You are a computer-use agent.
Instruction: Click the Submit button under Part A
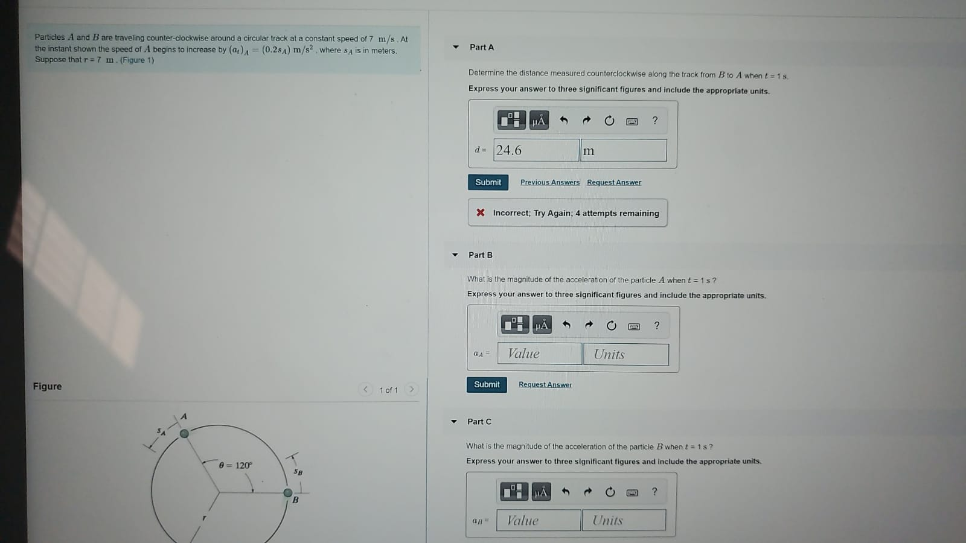pos(488,182)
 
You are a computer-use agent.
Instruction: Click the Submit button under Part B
pos(487,384)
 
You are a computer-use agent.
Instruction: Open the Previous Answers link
pos(549,182)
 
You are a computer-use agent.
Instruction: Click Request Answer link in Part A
pos(614,182)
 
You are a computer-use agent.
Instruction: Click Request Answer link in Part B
pos(545,384)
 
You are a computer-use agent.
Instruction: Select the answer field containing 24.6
pos(536,150)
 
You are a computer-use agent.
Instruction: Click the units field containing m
pos(623,150)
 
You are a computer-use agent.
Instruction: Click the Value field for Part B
pos(539,354)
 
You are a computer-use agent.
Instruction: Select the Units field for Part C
pos(624,520)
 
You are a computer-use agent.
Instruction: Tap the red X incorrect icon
pos(481,212)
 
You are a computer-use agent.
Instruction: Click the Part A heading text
pos(481,47)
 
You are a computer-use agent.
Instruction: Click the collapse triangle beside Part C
pos(454,422)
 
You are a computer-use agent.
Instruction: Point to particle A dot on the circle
pos(185,433)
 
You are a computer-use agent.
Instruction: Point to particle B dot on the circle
pos(288,493)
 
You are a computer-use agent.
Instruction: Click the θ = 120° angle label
pos(235,465)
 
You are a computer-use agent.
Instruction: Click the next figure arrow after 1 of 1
pos(412,389)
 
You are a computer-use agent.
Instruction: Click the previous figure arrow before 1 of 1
pos(365,389)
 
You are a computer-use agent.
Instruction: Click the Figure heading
pos(47,386)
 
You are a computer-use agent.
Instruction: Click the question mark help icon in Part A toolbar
pos(654,121)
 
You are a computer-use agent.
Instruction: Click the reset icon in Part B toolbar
pos(611,326)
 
